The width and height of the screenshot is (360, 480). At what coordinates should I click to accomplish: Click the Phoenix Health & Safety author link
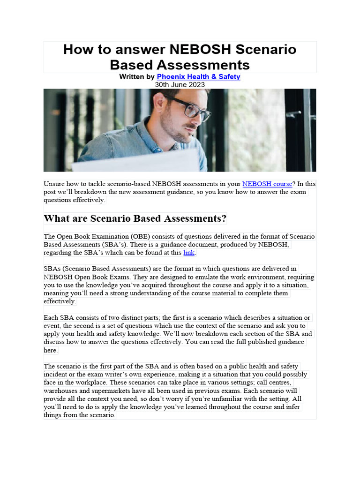[198, 76]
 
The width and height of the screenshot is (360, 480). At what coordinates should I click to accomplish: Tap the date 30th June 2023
[180, 84]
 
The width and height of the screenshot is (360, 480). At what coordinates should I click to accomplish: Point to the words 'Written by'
[137, 76]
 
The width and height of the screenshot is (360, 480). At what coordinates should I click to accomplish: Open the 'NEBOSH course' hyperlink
[267, 184]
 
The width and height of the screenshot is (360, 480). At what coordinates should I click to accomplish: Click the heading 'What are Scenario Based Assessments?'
[135, 218]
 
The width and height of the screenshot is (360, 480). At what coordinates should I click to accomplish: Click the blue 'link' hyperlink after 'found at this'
[188, 253]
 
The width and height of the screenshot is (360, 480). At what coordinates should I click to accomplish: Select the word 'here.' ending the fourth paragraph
[51, 350]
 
